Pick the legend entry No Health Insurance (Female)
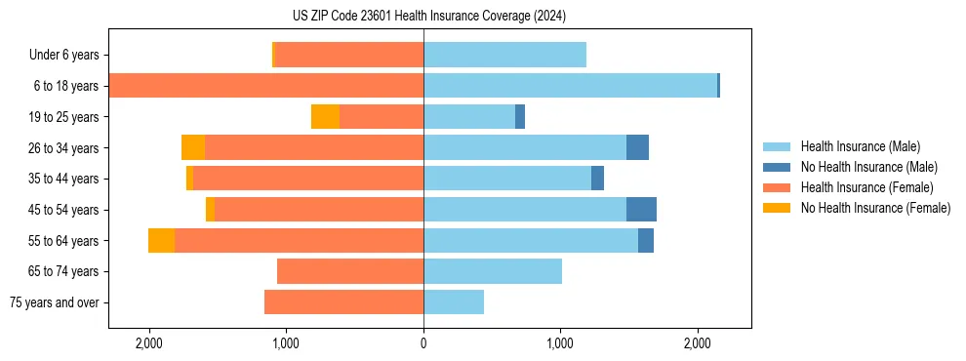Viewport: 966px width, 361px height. [x=875, y=208]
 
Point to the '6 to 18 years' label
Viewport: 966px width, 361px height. [x=65, y=86]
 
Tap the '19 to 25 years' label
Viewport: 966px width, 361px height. [x=63, y=117]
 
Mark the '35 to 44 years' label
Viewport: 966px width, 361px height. [x=63, y=179]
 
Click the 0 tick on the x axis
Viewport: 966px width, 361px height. [x=423, y=344]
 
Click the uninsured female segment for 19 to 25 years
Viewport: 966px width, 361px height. [x=325, y=117]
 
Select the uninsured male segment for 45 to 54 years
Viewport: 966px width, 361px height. [x=641, y=210]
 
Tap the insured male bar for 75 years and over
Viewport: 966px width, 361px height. [x=454, y=302]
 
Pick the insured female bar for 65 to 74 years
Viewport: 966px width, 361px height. [x=350, y=271]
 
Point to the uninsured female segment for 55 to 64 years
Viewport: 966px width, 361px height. [x=161, y=241]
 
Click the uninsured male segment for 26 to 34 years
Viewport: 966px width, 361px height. [x=637, y=147]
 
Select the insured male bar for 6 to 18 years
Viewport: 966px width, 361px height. [x=570, y=86]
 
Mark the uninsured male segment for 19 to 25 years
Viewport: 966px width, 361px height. [x=520, y=117]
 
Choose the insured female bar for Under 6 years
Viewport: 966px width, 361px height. [x=349, y=56]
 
